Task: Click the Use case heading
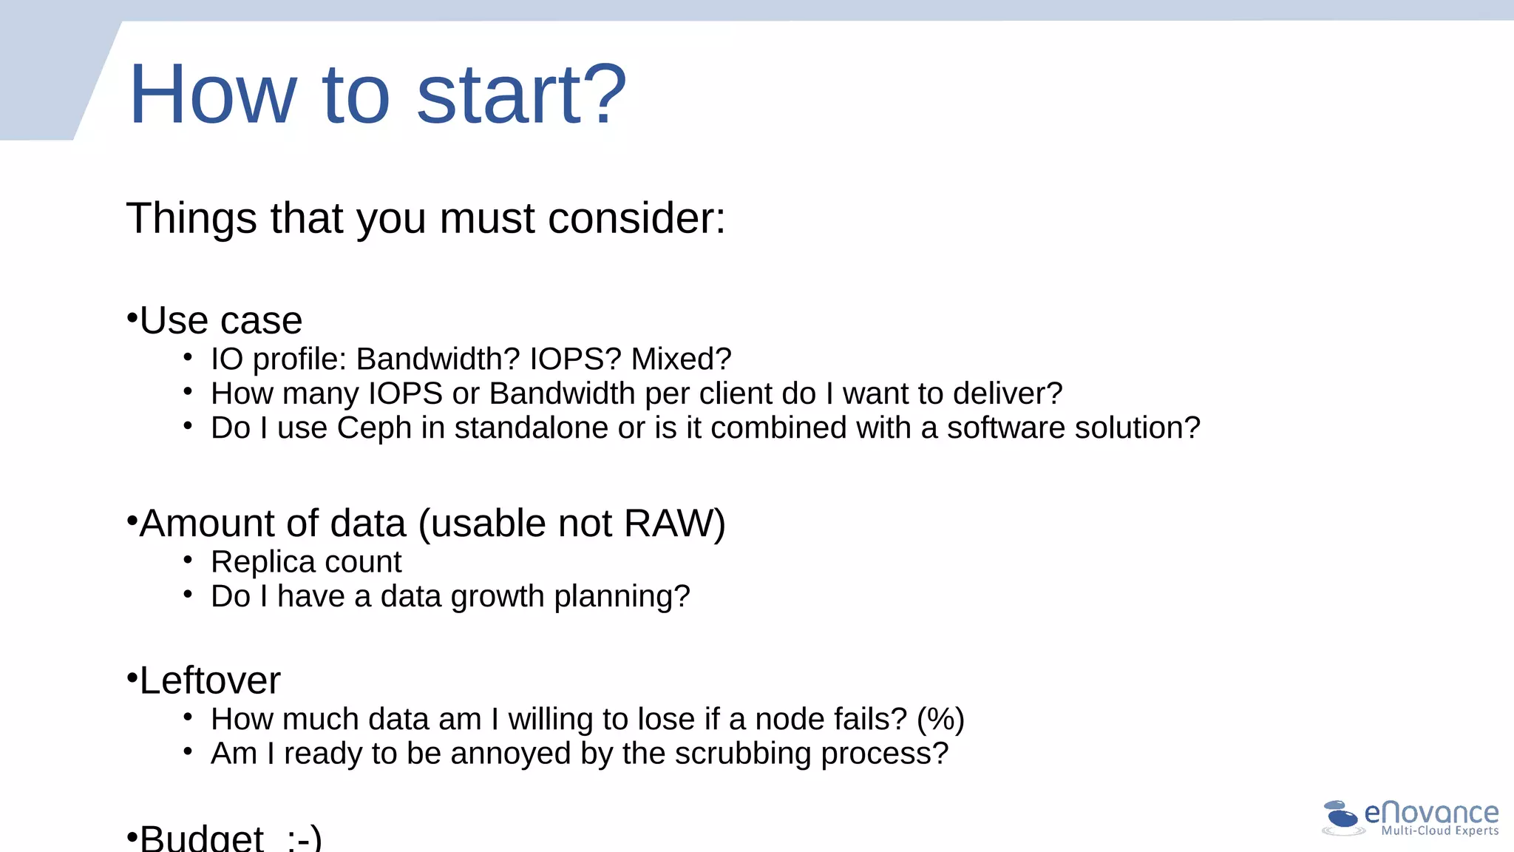coord(221,320)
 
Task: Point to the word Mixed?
coord(681,359)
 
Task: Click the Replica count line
coord(306,562)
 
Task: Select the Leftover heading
coord(210,680)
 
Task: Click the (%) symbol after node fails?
coord(940,720)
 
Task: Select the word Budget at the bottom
coord(202,839)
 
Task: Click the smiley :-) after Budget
coord(304,839)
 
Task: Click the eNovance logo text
coord(1431,813)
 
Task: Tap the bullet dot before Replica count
coord(188,561)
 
